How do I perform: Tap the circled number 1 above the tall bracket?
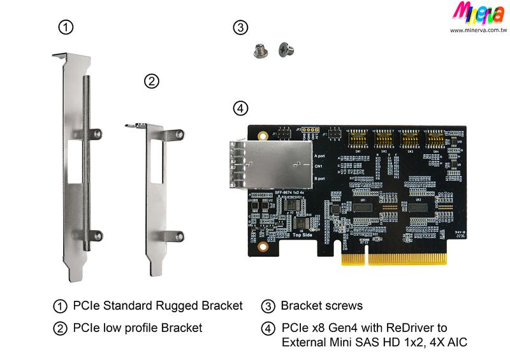click(66, 27)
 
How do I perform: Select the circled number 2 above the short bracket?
click(151, 81)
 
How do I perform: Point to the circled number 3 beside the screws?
click(240, 27)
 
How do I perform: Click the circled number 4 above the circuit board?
click(240, 108)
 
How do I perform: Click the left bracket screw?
click(259, 51)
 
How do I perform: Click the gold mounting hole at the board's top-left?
click(262, 135)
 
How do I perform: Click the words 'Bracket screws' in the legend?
click(321, 306)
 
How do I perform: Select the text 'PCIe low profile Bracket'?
click(137, 328)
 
